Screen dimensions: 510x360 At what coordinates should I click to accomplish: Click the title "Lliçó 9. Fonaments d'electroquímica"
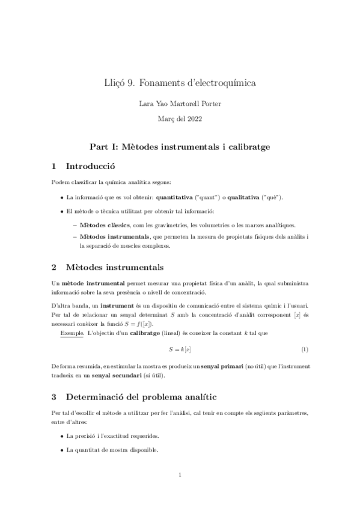[x=180, y=83]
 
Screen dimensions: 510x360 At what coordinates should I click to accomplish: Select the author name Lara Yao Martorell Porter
[x=180, y=104]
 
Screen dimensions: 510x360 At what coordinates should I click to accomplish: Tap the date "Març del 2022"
[x=180, y=119]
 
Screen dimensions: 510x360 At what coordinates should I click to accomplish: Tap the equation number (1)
[x=305, y=349]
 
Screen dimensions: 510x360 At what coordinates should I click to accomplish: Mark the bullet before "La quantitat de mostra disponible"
[x=63, y=450]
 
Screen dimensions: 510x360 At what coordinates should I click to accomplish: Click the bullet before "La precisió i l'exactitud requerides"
[x=63, y=435]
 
